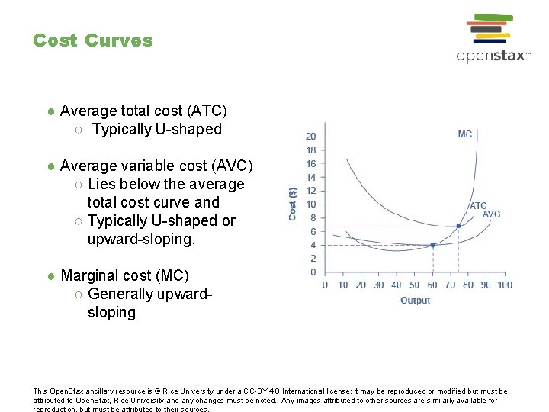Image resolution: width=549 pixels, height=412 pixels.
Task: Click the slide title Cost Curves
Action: (92, 40)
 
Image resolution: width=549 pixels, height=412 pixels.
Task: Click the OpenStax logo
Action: (493, 38)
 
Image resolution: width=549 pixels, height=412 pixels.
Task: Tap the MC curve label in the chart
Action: (464, 134)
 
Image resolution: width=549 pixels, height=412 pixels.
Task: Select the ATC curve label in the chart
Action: (478, 206)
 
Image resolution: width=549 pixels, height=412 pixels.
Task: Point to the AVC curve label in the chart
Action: (492, 214)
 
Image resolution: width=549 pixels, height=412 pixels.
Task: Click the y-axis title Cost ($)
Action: (293, 204)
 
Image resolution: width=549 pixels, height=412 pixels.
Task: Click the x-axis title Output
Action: (416, 301)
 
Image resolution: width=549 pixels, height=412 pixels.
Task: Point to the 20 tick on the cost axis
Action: (311, 137)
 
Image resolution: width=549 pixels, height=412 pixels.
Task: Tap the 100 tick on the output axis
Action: (504, 285)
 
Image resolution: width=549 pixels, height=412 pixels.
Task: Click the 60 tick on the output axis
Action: (432, 285)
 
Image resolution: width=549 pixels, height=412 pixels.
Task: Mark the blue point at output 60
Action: (432, 245)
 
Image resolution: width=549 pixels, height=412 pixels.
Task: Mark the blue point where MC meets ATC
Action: (458, 226)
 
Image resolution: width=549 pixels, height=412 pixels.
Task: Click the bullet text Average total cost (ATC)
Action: (143, 111)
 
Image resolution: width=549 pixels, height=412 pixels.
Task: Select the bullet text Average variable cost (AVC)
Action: (156, 166)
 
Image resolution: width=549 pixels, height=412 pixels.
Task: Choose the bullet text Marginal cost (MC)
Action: (124, 275)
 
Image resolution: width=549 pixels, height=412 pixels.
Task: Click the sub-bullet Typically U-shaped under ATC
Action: (156, 129)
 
